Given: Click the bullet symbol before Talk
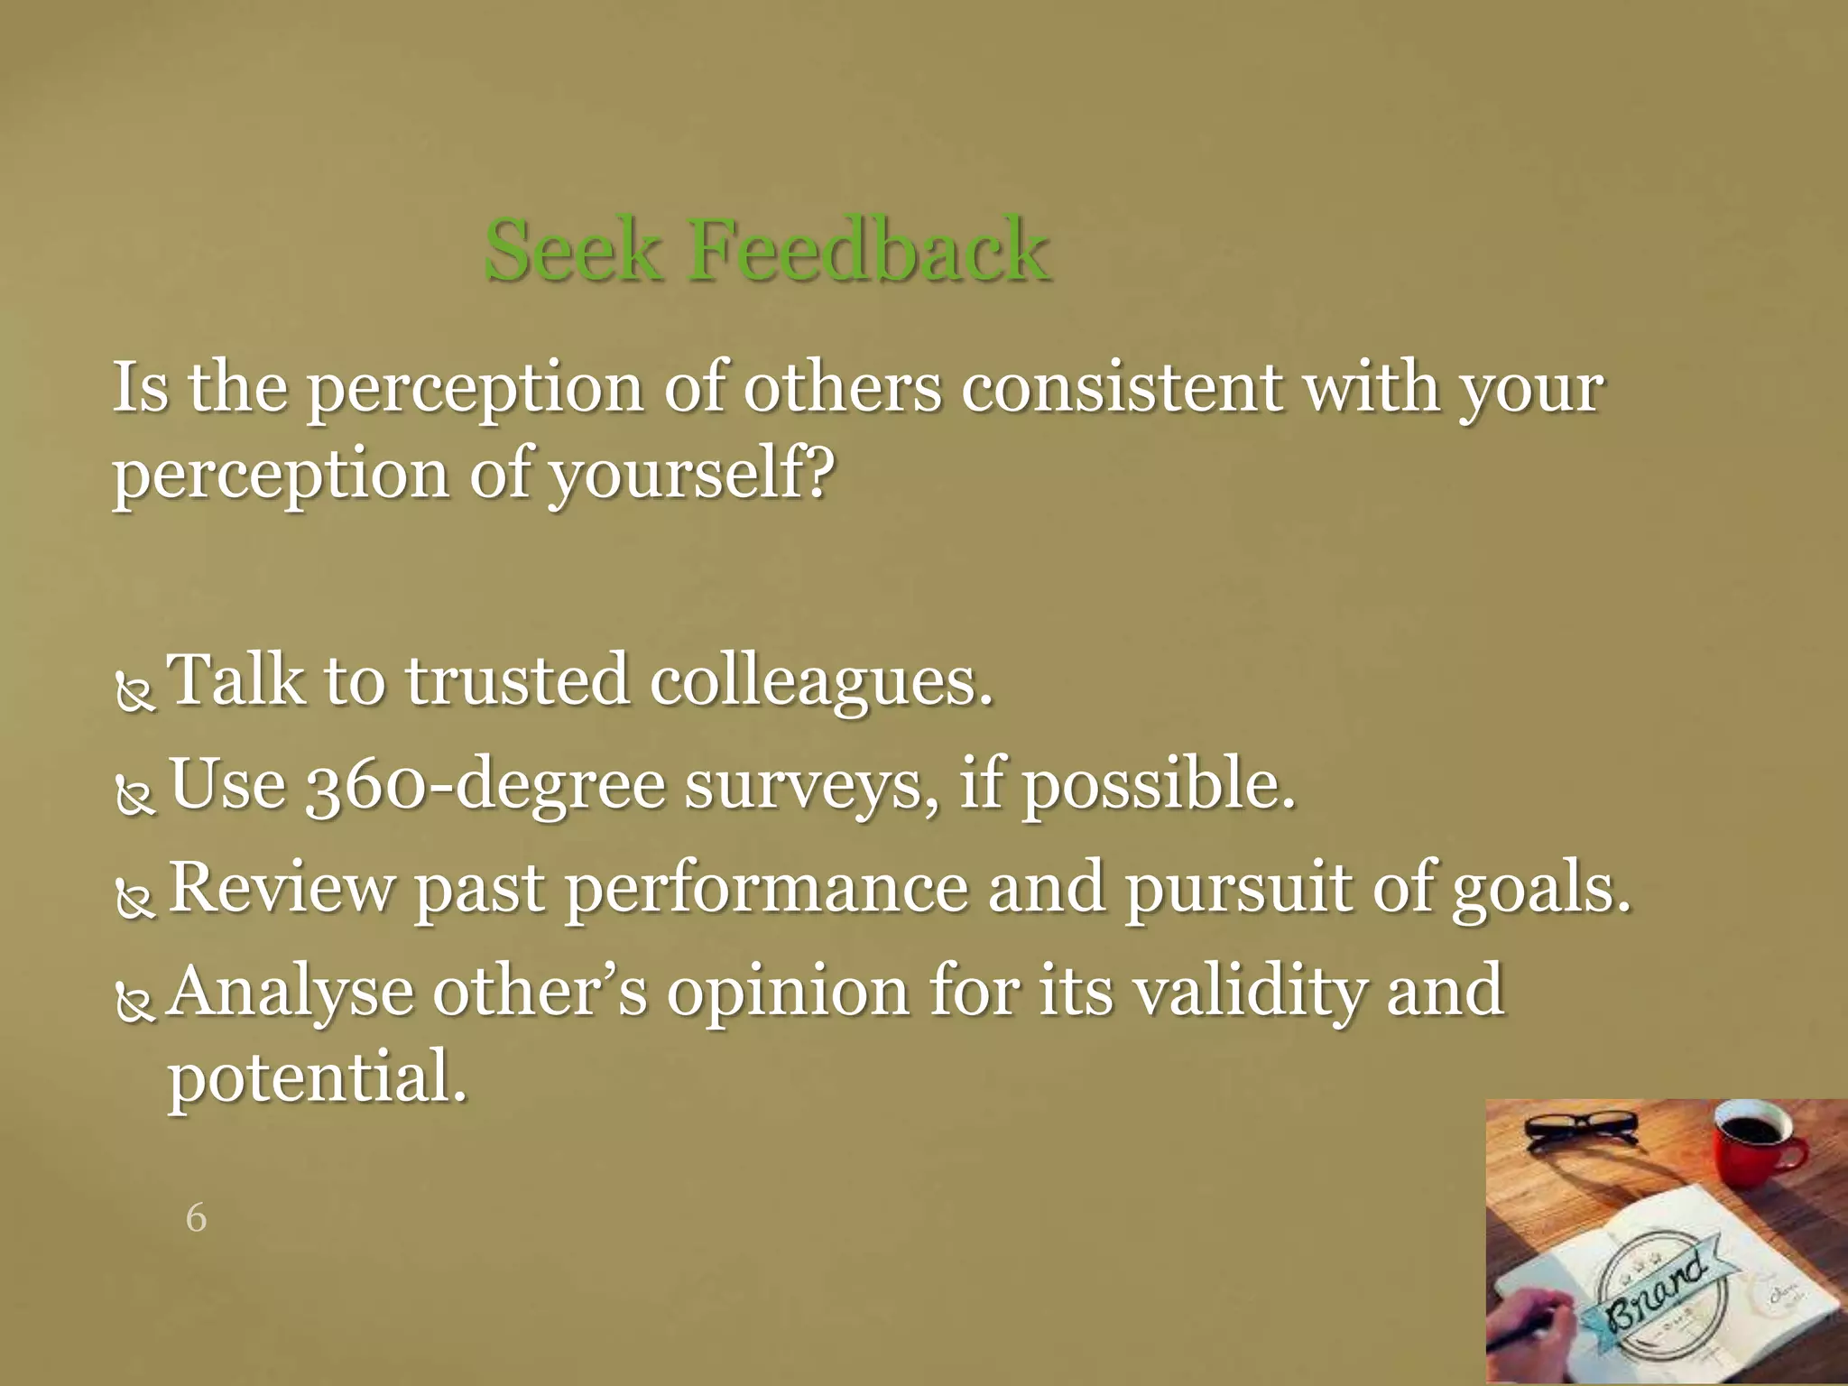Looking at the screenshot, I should (136, 693).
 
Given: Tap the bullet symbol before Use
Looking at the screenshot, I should (136, 797).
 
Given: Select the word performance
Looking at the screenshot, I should (766, 888).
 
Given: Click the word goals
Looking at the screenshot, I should (1541, 888).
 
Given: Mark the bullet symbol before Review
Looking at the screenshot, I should (136, 901).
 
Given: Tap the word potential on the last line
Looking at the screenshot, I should (318, 1076).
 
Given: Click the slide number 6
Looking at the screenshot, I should (196, 1218).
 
